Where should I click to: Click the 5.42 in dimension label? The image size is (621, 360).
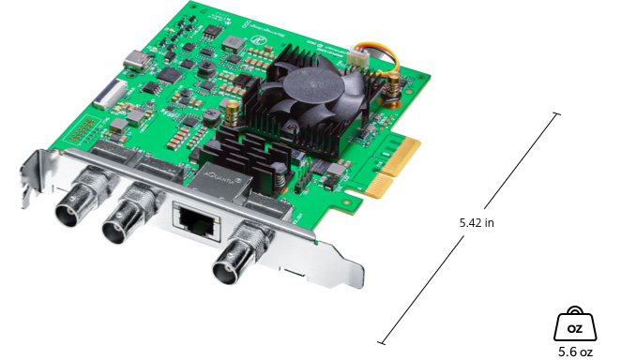[x=477, y=223]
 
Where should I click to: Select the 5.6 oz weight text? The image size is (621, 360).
[x=574, y=352]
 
